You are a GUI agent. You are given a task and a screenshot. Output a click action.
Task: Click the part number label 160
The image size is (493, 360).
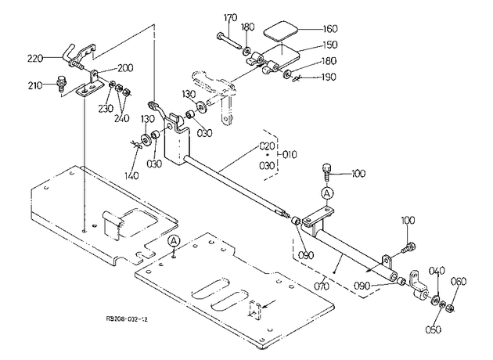click(330, 29)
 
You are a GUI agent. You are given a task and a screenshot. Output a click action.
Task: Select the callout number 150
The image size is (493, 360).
click(330, 45)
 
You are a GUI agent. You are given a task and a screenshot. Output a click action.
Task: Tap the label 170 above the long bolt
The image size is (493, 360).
click(231, 17)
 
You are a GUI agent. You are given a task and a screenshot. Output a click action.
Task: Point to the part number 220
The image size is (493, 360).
click(35, 59)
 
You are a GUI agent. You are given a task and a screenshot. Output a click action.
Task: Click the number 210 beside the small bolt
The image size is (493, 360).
click(35, 85)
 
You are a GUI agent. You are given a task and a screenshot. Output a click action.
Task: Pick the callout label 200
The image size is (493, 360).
click(125, 68)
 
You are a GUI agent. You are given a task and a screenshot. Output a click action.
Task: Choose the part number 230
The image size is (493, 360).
click(106, 108)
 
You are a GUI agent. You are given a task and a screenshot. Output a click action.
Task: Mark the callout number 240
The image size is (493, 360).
click(121, 118)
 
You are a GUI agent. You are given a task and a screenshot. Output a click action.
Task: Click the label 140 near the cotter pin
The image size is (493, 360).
click(131, 175)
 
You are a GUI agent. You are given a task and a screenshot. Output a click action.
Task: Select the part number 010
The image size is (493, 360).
click(290, 155)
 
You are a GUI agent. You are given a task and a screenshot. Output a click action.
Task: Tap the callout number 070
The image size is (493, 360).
click(322, 286)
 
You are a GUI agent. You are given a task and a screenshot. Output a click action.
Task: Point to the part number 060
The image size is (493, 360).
click(459, 282)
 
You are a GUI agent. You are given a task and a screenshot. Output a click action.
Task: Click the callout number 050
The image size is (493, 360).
click(433, 329)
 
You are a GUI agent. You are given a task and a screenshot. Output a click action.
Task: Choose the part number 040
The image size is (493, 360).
click(437, 271)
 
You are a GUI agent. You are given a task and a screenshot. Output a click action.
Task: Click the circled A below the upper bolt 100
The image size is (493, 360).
click(327, 193)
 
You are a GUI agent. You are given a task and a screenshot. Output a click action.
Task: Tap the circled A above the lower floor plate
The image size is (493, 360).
click(173, 242)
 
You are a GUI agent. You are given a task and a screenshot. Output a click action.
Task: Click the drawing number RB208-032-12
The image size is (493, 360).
click(127, 319)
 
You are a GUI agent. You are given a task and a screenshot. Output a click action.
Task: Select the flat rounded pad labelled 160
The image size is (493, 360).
click(280, 31)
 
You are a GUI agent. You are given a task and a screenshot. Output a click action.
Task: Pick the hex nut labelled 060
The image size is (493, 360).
click(450, 308)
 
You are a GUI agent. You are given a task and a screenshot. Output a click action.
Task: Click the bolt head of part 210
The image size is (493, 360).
click(60, 80)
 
